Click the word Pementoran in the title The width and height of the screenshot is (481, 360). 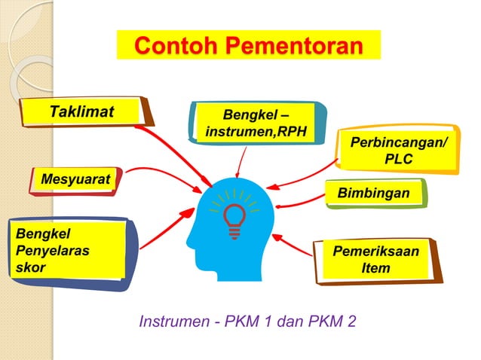pos(293,46)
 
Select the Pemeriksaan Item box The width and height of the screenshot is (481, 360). pos(376,260)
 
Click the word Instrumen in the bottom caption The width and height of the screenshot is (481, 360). pos(170,322)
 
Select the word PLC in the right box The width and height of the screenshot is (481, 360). pos(398,160)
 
